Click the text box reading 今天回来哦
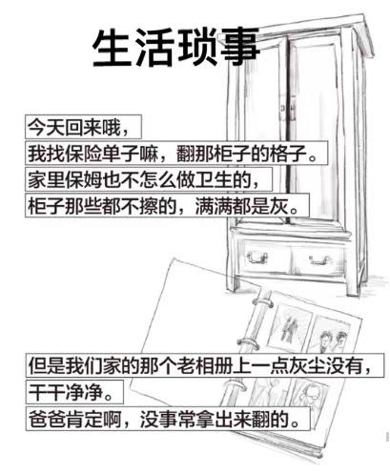[x=83, y=127]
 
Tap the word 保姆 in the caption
[x=84, y=179]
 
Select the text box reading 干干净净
[x=74, y=392]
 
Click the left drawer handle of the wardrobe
[x=257, y=257]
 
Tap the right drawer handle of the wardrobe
[x=320, y=259]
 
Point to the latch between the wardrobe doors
[x=289, y=108]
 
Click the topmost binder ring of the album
[x=262, y=302]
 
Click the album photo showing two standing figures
[x=289, y=328]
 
